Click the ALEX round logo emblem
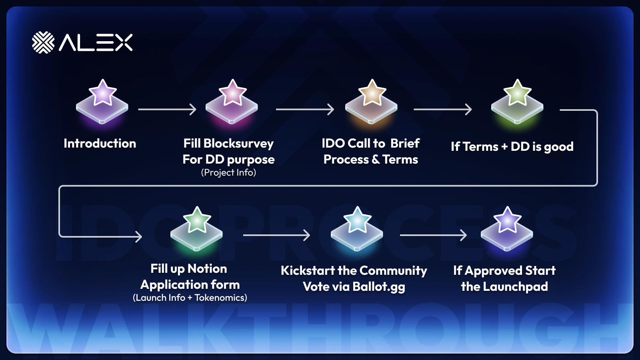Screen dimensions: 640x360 pos(43,42)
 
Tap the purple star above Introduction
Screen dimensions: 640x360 pos(102,92)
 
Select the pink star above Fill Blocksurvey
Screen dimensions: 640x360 pos(232,92)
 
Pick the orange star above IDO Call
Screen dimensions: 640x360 pos(372,92)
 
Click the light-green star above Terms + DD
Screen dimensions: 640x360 pos(518,92)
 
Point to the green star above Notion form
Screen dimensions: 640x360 pos(197,220)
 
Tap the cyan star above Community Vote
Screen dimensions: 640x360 pos(357,220)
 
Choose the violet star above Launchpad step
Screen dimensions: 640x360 pos(507,220)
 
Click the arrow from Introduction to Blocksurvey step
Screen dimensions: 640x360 pos(167,109)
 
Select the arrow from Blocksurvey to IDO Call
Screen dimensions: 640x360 pos(305,109)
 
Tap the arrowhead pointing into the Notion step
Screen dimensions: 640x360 pos(139,236)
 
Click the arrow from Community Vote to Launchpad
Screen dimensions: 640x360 pos(433,236)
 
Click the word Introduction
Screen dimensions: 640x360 pos(100,144)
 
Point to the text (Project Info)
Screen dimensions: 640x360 pos(228,172)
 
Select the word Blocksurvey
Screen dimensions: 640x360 pos(238,144)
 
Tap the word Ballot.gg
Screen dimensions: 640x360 pos(379,287)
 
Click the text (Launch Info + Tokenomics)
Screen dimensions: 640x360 pos(190,298)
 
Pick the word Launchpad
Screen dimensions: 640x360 pos(516,287)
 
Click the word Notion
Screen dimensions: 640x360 pos(207,269)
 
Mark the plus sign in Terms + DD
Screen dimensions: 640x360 pos(504,147)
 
